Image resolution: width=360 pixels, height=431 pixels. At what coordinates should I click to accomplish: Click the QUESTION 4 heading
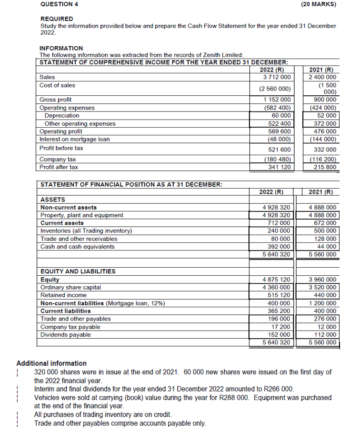click(x=59, y=5)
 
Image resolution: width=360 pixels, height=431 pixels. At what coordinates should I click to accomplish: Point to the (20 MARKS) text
click(x=319, y=5)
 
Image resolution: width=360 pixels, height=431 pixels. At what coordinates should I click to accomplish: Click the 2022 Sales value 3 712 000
click(x=277, y=77)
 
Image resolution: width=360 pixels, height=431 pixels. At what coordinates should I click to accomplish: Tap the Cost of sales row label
click(x=57, y=85)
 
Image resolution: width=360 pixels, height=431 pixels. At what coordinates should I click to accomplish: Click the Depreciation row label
click(x=62, y=116)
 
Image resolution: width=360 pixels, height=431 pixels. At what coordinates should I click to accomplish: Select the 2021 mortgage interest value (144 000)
click(x=323, y=140)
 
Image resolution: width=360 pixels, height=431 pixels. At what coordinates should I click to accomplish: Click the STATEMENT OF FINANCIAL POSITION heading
click(x=131, y=184)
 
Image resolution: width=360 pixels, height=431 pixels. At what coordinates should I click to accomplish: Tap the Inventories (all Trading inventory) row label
click(x=86, y=231)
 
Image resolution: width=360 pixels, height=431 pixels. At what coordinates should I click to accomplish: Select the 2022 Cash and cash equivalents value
click(x=280, y=247)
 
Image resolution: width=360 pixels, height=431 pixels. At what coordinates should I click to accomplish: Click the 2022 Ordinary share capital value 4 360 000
click(x=277, y=287)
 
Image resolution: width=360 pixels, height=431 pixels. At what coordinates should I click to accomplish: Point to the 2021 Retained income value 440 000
click(x=325, y=295)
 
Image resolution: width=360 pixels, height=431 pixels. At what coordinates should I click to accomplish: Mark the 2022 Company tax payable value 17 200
click(x=281, y=327)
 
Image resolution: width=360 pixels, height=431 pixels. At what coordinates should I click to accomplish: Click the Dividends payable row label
click(x=65, y=335)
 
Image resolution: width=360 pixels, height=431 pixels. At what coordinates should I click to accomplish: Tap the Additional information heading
click(x=51, y=363)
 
